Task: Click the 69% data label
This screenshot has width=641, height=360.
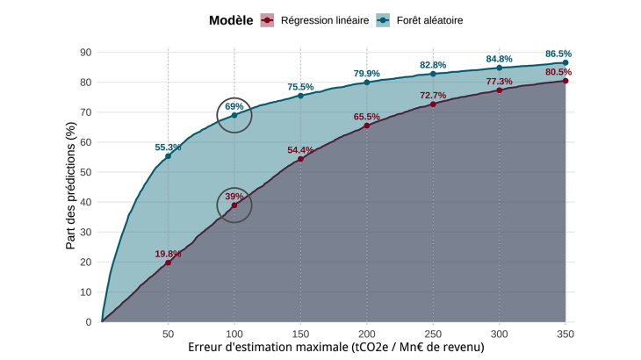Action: coord(234,106)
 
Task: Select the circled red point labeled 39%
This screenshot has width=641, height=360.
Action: coord(234,205)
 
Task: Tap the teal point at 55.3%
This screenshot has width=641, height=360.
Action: coord(168,156)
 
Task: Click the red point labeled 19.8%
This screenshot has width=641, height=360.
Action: coord(168,263)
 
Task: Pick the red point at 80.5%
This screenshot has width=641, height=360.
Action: coord(565,81)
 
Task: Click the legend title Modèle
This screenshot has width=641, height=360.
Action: coord(232,19)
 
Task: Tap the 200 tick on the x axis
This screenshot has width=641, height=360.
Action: coord(367,335)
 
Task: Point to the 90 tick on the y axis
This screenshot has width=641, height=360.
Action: coord(86,52)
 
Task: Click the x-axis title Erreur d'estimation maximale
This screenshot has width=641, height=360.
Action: coord(336,349)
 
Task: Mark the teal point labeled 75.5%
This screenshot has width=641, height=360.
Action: coord(300,96)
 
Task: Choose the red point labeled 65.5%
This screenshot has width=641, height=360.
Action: coord(367,126)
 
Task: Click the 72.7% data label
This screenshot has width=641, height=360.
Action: coord(433,95)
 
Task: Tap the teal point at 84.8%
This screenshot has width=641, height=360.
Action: coord(500,68)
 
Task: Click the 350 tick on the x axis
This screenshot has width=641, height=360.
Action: coord(565,335)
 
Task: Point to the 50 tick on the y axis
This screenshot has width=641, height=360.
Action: coord(86,172)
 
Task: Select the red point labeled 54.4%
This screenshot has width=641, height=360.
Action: coord(300,159)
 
